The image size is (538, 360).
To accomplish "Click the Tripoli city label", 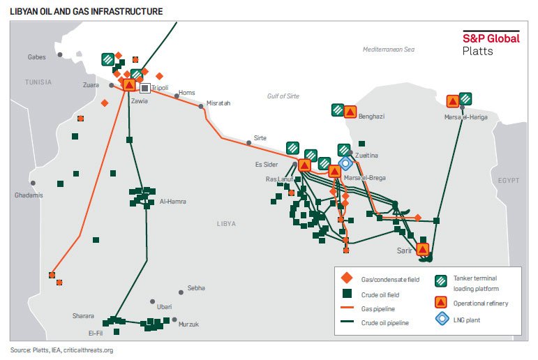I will [160, 88].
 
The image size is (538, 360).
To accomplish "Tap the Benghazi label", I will [372, 117].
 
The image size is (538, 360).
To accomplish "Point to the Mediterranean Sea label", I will [389, 50].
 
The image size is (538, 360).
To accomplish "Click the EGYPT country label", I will [509, 180].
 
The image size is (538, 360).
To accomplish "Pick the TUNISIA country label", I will [38, 82].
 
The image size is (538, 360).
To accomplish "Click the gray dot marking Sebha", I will [180, 287].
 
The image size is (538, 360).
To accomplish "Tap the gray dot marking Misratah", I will [201, 106].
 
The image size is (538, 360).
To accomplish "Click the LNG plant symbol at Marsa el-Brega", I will [344, 163].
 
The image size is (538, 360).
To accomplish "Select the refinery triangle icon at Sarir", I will [422, 249].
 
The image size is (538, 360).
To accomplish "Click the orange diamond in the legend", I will [348, 279].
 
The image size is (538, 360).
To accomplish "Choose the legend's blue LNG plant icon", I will [441, 319].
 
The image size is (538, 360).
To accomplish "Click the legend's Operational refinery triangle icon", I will [441, 302].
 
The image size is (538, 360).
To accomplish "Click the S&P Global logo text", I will [491, 39].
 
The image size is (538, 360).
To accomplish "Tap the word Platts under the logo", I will [478, 52].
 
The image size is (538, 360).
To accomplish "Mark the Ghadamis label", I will [29, 195].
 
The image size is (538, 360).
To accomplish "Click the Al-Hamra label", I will [172, 202].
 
